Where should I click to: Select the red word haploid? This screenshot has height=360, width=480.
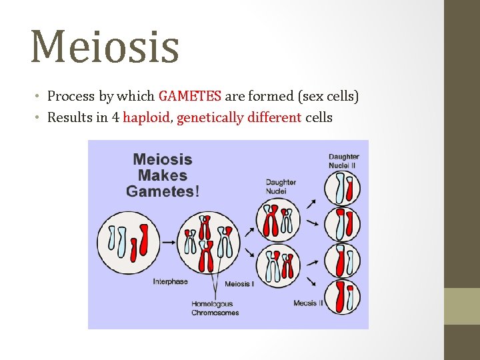pyautogui.click(x=147, y=118)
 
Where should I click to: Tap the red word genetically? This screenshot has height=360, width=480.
pyautogui.click(x=209, y=118)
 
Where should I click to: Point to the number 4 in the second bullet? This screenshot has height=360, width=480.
pyautogui.click(x=115, y=118)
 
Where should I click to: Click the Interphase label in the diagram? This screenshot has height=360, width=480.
pyautogui.click(x=170, y=282)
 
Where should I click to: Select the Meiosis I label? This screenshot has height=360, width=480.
pyautogui.click(x=239, y=284)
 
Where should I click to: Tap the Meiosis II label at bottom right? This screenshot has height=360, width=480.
pyautogui.click(x=308, y=303)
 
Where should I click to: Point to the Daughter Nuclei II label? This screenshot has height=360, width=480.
pyautogui.click(x=343, y=161)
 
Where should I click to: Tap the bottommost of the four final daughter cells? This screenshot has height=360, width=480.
pyautogui.click(x=343, y=297)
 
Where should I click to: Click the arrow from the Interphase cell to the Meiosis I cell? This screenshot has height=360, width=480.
pyautogui.click(x=169, y=241)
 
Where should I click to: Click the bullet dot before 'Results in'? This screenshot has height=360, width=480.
pyautogui.click(x=39, y=118)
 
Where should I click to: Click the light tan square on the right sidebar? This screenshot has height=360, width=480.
pyautogui.click(x=462, y=306)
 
